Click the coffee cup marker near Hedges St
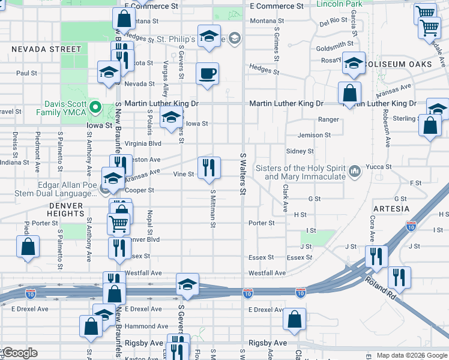[208, 74]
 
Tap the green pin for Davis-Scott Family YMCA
[95, 108]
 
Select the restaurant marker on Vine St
[209, 168]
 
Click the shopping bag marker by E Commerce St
[124, 19]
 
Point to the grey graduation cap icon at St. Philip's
[235, 39]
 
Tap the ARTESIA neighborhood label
[391, 209]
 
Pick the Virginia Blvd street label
[143, 144]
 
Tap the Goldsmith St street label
[335, 44]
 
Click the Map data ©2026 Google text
[412, 355]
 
